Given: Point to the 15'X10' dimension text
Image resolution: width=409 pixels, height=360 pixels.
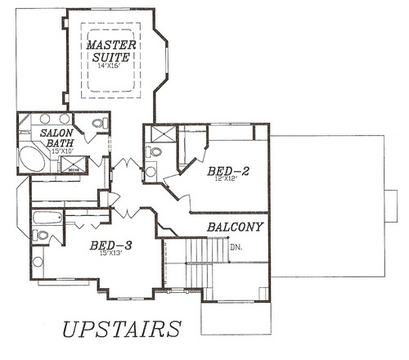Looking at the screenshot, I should (62, 152).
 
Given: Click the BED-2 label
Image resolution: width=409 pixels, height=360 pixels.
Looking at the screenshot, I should (228, 171).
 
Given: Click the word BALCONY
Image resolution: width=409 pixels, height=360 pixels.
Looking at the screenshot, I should (234, 227).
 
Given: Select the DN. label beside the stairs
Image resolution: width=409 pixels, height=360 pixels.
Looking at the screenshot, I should (236, 246).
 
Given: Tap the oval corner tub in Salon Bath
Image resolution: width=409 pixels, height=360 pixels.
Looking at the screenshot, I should (34, 159).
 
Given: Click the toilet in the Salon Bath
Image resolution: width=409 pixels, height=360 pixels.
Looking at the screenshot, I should (99, 124).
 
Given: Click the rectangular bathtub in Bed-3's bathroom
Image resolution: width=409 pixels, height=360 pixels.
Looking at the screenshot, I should (48, 218).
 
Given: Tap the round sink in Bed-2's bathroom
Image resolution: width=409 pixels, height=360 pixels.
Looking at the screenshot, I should (151, 172).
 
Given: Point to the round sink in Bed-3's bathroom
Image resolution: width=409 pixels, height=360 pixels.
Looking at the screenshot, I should (38, 263).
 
